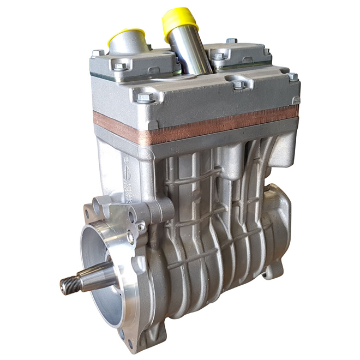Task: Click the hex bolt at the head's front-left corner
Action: pyautogui.click(x=145, y=98)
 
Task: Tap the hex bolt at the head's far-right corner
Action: pyautogui.click(x=293, y=77)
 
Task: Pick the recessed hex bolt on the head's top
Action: pyautogui.click(x=238, y=85)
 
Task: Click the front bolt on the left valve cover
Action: pyautogui.click(x=121, y=67)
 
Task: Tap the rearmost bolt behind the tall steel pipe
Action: pyautogui.click(x=231, y=41)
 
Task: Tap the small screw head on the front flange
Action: pyautogui.click(x=141, y=227)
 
